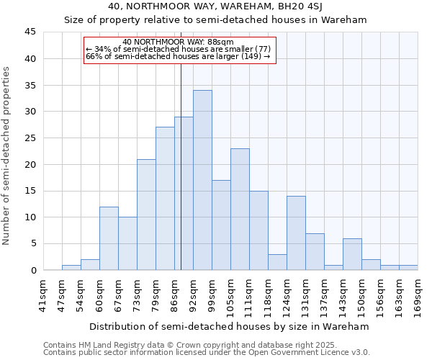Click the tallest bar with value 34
click(202, 180)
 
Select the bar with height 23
click(240, 210)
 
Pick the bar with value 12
click(109, 238)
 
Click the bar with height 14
click(296, 233)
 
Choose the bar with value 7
click(315, 251)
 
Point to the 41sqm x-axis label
click(43, 295)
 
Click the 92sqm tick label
click(193, 295)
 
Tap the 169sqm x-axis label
click(418, 295)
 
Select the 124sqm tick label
click(287, 295)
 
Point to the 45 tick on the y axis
click(30, 32)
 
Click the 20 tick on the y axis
click(30, 164)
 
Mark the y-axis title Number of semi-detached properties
click(7, 156)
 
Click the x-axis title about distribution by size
click(230, 326)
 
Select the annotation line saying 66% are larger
click(178, 56)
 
